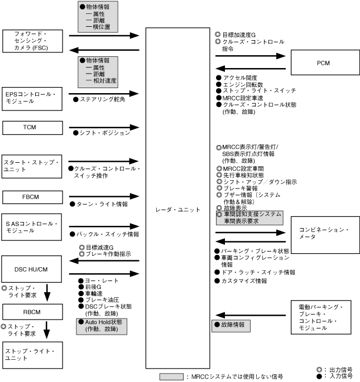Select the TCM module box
coord(30,127)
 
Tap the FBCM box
coord(30,197)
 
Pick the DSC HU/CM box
coord(30,269)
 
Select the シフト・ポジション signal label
coord(102,133)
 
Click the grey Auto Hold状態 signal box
coord(101,325)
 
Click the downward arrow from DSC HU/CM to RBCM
coord(47,292)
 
